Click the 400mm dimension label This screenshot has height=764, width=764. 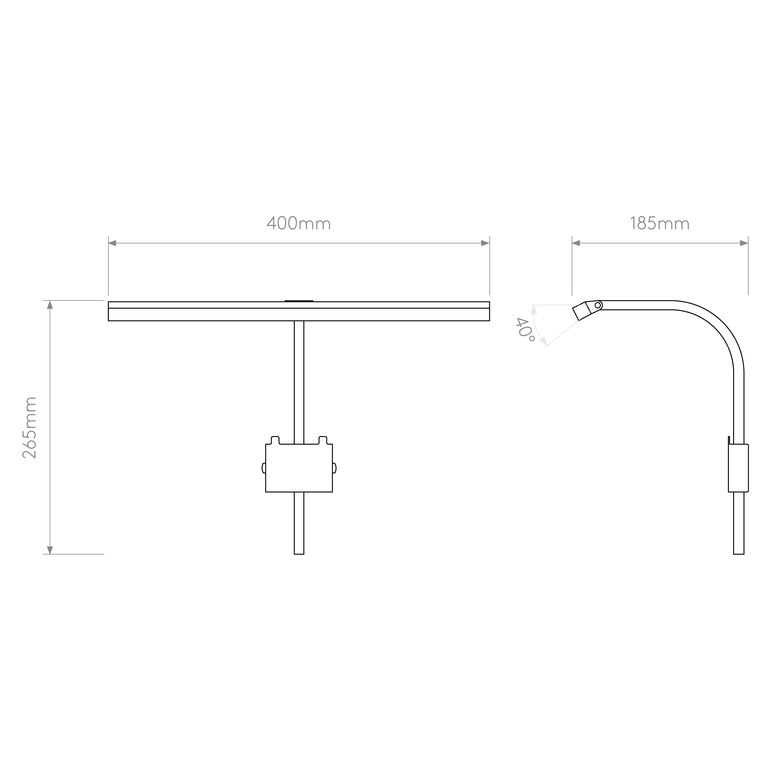pos(299,223)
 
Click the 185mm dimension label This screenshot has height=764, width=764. pos(659,223)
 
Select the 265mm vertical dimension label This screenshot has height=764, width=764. pos(29,428)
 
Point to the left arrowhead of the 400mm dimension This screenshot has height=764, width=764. pos(112,243)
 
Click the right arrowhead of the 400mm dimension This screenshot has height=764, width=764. pos(485,243)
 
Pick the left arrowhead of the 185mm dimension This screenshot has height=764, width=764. pos(576,243)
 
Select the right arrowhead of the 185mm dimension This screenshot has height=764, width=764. pos(744,243)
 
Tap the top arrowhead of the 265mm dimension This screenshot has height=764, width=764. pos(50,304)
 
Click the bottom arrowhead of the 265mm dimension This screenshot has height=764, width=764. pos(50,550)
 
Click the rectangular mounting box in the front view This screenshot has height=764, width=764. pos(299,468)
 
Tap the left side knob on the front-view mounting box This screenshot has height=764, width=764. pos(264,468)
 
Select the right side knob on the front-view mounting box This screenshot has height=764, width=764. pos(334,468)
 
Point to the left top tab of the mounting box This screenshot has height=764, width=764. pos(275,440)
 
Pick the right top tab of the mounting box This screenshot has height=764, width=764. pos(323,440)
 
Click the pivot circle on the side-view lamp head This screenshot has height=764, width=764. pos(597,305)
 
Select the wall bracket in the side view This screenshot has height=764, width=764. pos(738,468)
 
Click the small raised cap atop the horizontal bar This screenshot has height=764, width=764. pos(299,301)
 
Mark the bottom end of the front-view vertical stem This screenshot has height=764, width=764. pos(299,554)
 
